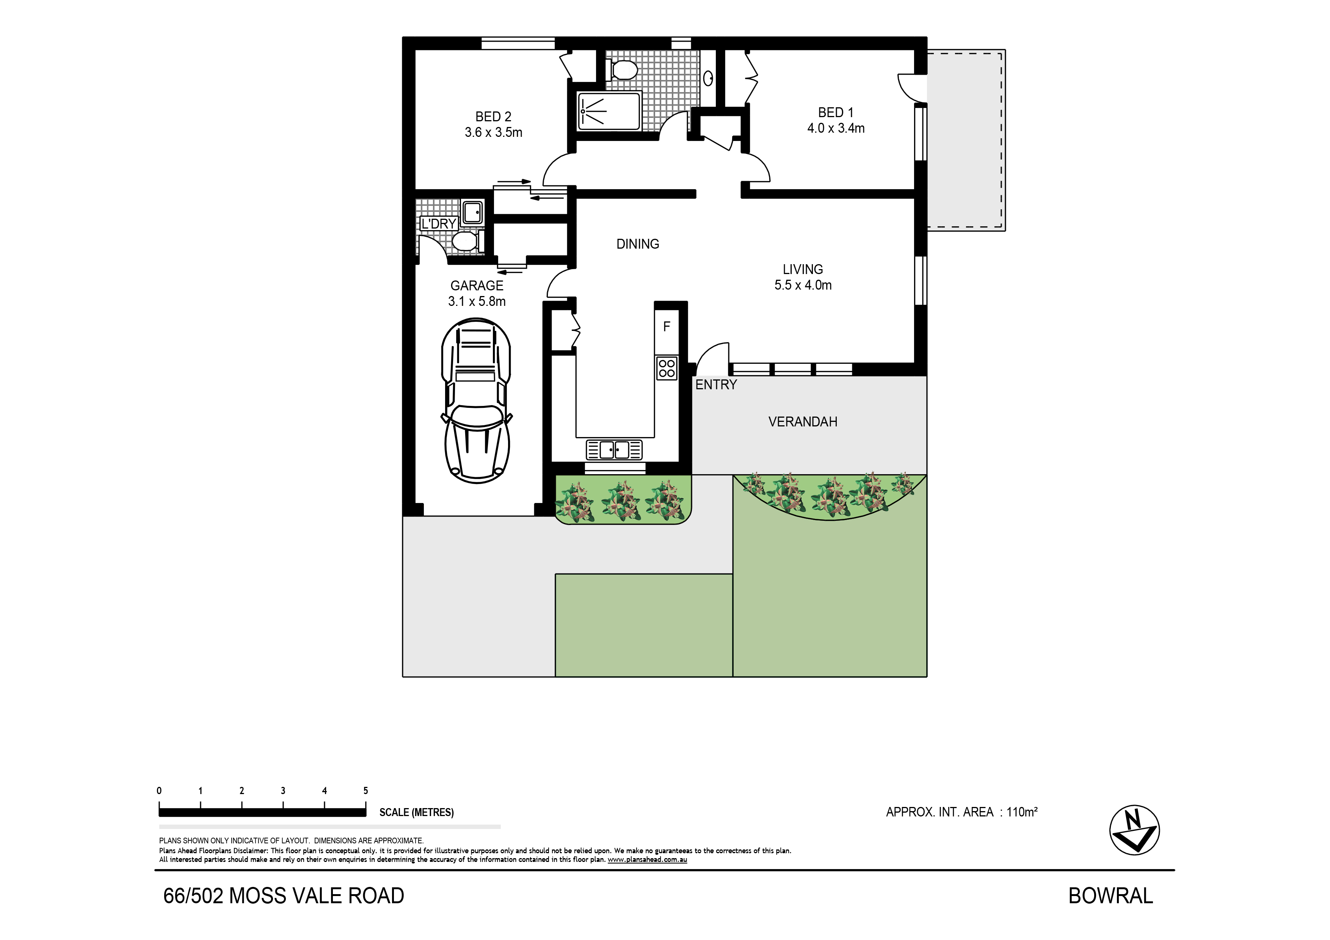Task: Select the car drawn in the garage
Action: point(476,400)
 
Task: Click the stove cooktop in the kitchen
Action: point(667,368)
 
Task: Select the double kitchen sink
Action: point(614,450)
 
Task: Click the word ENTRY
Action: point(716,385)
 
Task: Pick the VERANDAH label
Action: point(803,421)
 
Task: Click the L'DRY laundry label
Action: point(439,224)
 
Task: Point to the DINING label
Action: point(638,244)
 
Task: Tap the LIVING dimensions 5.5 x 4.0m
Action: point(803,285)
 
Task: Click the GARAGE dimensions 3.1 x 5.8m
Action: point(477,301)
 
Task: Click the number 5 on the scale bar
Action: point(365,791)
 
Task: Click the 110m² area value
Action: point(1022,812)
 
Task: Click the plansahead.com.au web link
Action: point(647,860)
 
